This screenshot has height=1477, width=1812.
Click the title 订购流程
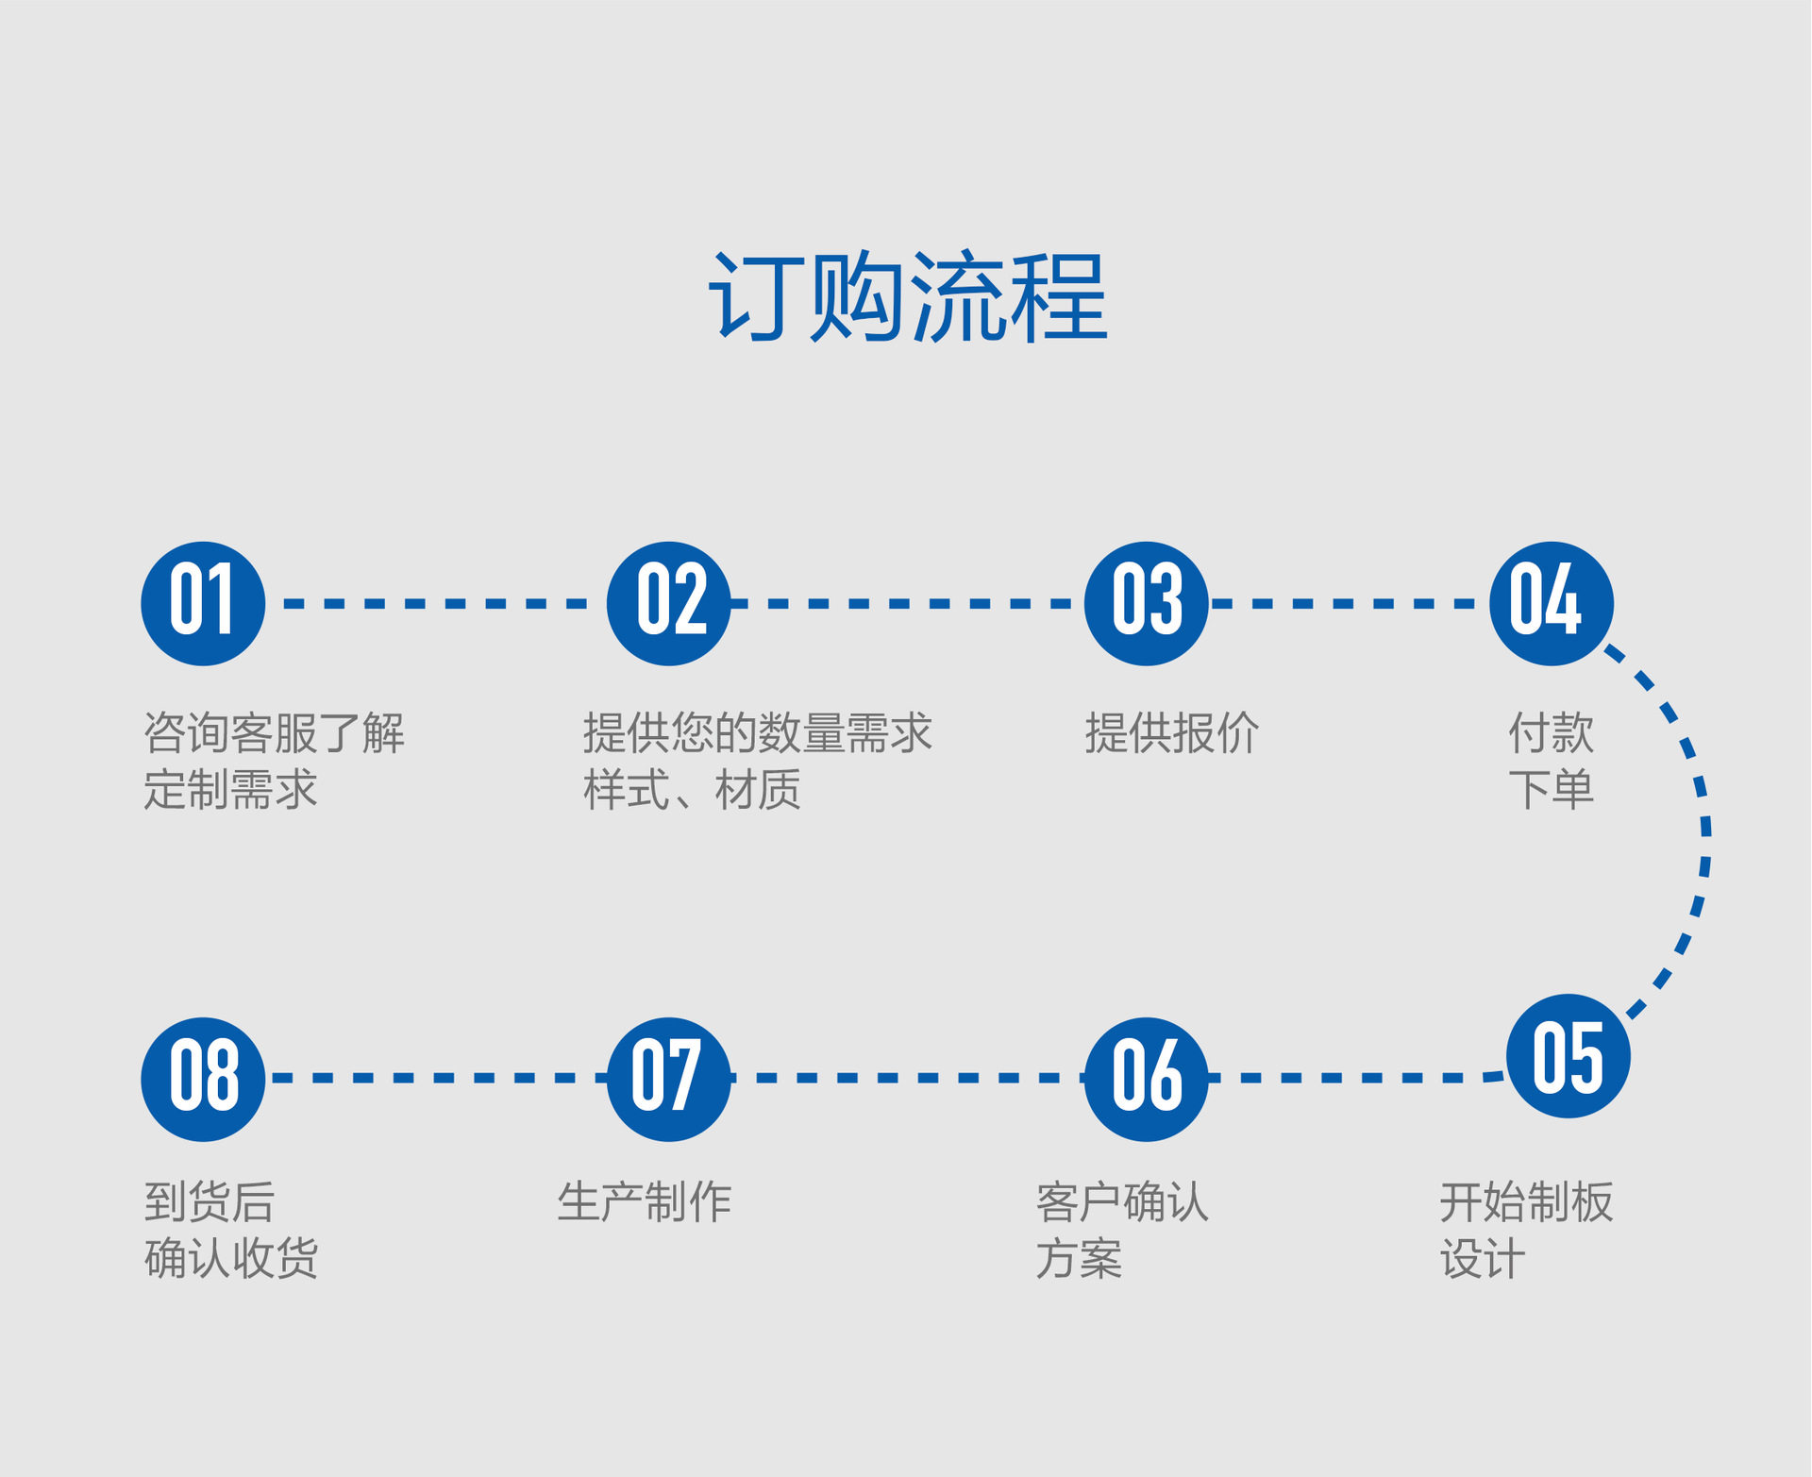(908, 297)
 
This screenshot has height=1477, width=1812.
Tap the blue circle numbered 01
(203, 603)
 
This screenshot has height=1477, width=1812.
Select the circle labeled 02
(669, 603)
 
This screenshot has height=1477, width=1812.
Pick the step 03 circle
(1147, 603)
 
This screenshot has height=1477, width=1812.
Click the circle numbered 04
(1552, 603)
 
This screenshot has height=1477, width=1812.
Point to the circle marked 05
(1568, 1056)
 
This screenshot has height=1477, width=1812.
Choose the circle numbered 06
(1147, 1079)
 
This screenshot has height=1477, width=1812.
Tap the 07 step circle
(669, 1079)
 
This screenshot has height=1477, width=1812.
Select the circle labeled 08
(203, 1079)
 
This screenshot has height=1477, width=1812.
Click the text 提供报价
(1171, 733)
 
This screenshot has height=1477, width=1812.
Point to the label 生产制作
(645, 1202)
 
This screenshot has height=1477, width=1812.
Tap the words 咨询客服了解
(275, 733)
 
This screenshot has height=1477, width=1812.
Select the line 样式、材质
(692, 790)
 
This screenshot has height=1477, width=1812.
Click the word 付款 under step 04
(1551, 733)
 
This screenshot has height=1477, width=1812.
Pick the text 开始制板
(1526, 1202)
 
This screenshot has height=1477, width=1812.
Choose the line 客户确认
(1122, 1202)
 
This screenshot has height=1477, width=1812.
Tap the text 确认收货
(231, 1258)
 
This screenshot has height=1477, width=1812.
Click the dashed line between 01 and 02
(434, 603)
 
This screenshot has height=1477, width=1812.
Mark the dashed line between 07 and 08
(434, 1078)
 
